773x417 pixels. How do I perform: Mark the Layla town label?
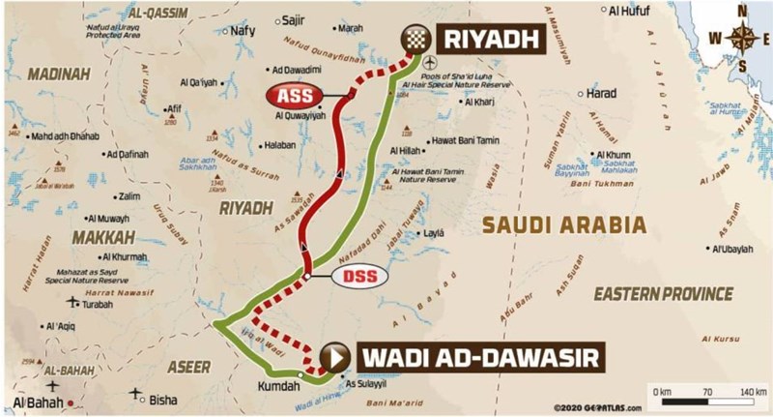click(434, 233)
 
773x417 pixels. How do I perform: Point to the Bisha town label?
click(164, 399)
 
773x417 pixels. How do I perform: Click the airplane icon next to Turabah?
click(71, 302)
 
